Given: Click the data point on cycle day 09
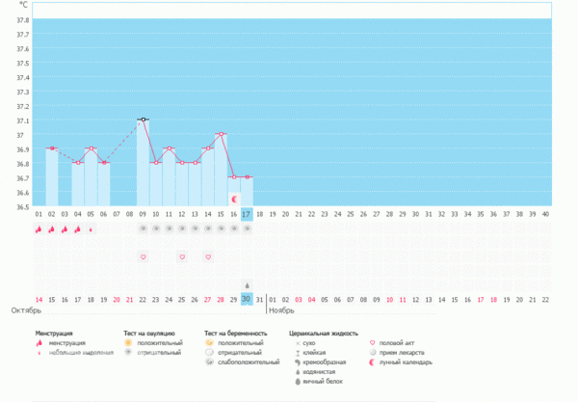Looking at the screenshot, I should pyautogui.click(x=143, y=120).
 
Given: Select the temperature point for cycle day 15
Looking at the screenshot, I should pyautogui.click(x=221, y=134).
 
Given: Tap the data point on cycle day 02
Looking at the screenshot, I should pyautogui.click(x=51, y=148).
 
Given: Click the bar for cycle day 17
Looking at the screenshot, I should pyautogui.click(x=247, y=191).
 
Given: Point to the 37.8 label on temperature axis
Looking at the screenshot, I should pyautogui.click(x=22, y=20).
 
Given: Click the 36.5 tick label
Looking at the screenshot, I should pyautogui.click(x=22, y=205).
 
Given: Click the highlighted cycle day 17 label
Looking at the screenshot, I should pyautogui.click(x=247, y=213).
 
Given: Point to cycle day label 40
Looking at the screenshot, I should pyautogui.click(x=545, y=213).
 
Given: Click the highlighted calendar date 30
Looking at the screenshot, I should pyautogui.click(x=247, y=299).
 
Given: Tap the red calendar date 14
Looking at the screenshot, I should pyautogui.click(x=39, y=299).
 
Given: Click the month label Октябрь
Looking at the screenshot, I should pyautogui.click(x=26, y=311).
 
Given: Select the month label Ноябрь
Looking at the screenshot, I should pyautogui.click(x=281, y=311).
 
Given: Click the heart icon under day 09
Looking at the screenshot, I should pyautogui.click(x=143, y=257).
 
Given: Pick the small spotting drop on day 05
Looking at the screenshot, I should pyautogui.click(x=91, y=229).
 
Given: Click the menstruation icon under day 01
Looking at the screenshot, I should pyautogui.click(x=39, y=229).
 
